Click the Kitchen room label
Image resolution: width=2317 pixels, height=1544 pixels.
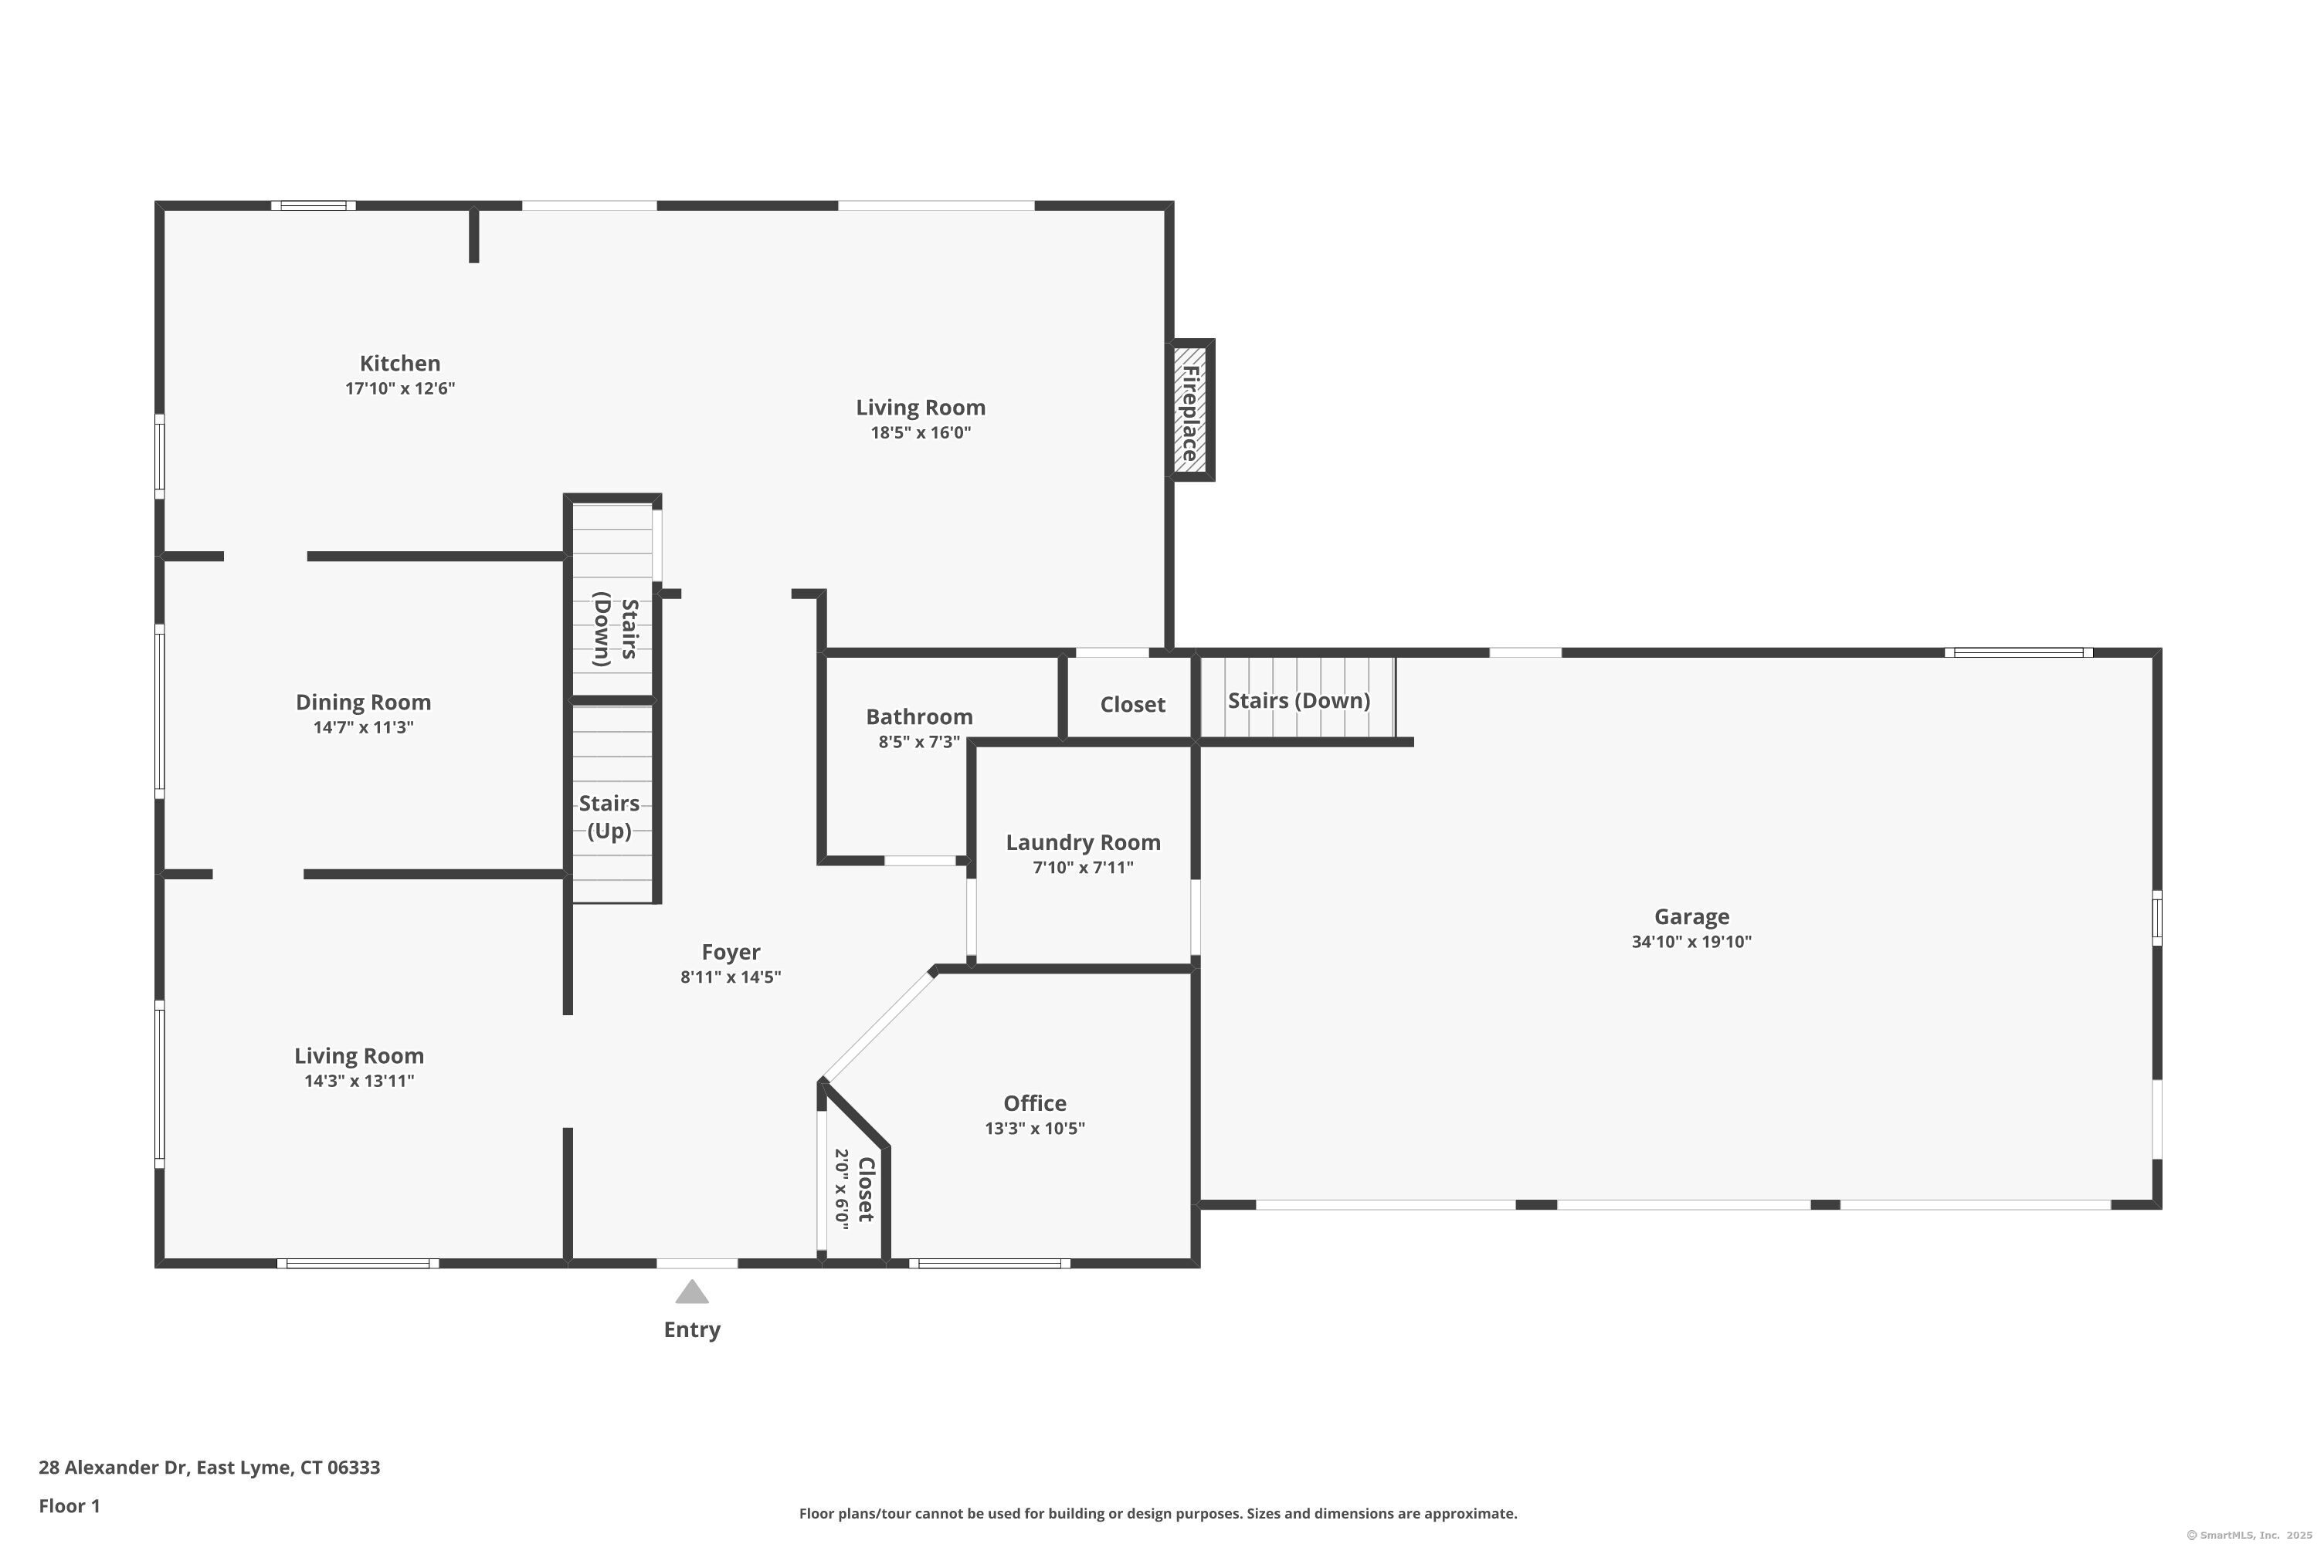400,364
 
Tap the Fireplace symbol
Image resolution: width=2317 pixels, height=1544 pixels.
1191,411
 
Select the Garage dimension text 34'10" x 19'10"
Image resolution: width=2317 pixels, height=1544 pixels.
1691,941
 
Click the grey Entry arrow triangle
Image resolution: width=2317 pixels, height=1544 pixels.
693,1291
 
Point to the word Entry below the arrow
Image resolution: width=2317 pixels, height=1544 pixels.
693,1329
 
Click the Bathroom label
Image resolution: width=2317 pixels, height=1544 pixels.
919,717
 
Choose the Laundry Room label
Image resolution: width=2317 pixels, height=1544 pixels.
1084,843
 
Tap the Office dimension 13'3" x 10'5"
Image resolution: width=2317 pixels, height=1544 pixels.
1036,1129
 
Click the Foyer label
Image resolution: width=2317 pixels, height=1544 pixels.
731,952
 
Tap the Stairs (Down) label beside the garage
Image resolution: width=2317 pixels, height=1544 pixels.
1299,701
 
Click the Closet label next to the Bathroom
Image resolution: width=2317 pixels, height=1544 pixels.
1133,705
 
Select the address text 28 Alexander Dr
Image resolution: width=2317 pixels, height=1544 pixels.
114,1468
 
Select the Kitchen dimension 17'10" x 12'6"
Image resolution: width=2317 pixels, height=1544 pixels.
400,388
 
